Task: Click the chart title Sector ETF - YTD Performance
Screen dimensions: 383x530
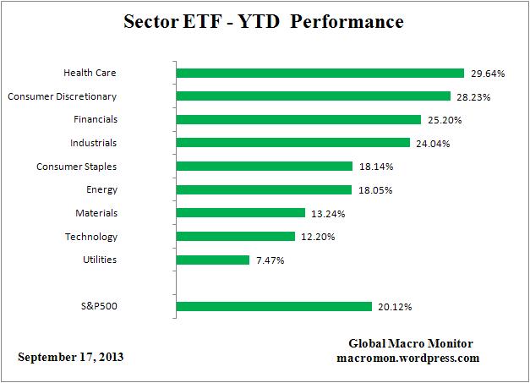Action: pos(265,21)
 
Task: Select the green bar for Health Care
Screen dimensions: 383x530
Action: pos(320,74)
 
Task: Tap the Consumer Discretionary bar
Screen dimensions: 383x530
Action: pos(313,96)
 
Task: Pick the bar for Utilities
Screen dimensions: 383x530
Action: pos(212,260)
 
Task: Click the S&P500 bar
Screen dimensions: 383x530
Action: pos(273,306)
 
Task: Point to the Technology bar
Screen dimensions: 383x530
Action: pos(235,237)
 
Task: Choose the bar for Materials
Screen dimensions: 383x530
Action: pos(240,213)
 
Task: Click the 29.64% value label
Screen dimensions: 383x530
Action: pos(487,74)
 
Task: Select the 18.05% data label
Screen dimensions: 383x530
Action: pos(374,190)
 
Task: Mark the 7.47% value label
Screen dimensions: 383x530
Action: pos(270,260)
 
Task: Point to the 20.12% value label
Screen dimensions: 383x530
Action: pos(395,306)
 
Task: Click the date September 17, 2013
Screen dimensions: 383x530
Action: pos(71,357)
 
